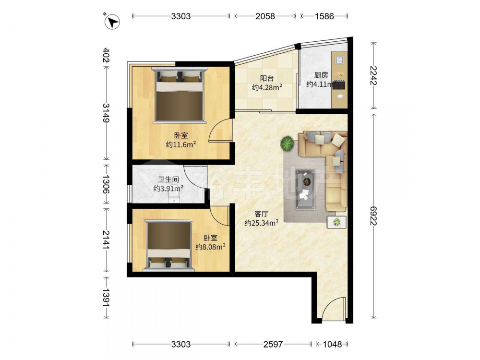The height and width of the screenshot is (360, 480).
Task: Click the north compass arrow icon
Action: click(x=112, y=22)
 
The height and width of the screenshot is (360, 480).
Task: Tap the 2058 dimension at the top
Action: click(x=265, y=16)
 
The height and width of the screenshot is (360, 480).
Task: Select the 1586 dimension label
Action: click(x=324, y=16)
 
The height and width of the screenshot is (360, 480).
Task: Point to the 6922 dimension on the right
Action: click(x=373, y=216)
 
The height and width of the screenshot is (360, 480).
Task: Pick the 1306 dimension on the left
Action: click(x=106, y=184)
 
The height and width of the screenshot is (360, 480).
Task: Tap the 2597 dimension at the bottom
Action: click(x=273, y=344)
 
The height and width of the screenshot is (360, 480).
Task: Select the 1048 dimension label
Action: click(x=333, y=344)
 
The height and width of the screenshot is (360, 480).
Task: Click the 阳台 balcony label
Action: click(x=267, y=78)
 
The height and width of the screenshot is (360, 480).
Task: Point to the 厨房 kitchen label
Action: click(x=321, y=75)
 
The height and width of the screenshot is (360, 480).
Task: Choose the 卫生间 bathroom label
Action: click(x=168, y=180)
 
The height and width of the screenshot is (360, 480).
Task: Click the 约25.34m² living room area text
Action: click(x=262, y=223)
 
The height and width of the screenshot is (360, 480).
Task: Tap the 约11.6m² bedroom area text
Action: click(x=181, y=144)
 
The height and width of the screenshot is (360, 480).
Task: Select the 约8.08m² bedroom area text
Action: click(x=211, y=246)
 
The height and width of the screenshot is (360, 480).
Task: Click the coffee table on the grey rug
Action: click(x=305, y=190)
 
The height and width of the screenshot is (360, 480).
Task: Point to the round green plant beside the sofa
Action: click(x=287, y=143)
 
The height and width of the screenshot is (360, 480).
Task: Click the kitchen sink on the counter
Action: click(x=339, y=60)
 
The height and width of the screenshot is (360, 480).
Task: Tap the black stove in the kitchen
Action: click(x=339, y=85)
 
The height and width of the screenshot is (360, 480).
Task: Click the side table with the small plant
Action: click(x=337, y=222)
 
